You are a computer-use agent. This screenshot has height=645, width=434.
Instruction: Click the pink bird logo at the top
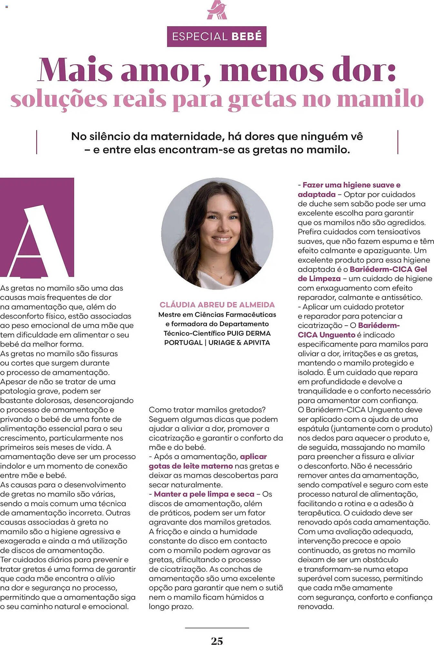[217, 11]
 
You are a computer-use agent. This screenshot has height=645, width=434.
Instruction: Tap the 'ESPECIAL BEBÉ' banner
[217, 36]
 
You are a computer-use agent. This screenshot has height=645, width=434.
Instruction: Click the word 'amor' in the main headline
[165, 70]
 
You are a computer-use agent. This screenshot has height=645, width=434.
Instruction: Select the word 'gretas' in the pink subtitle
[262, 99]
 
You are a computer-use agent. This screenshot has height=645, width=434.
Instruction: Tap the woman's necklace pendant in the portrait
[221, 277]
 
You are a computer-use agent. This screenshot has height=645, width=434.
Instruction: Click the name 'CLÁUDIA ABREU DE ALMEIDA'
[217, 305]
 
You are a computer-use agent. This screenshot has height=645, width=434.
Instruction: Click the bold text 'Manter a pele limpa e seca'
[204, 494]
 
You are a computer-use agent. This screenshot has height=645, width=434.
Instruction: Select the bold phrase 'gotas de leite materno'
[191, 466]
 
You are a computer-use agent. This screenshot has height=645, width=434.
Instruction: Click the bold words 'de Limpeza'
[319, 279]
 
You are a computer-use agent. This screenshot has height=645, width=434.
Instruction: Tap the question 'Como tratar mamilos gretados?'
[207, 410]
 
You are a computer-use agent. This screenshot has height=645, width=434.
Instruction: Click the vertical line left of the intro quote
[37, 142]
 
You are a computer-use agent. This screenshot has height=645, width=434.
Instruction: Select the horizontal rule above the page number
[217, 628]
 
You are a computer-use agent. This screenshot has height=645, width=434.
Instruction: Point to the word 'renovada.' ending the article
[316, 606]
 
